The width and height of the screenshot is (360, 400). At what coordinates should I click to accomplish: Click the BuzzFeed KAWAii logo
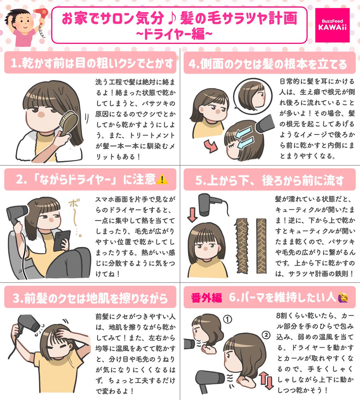332,25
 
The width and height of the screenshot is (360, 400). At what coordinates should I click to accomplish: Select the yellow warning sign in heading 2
162,179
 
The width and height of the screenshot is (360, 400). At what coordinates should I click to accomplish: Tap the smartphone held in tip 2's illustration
62,240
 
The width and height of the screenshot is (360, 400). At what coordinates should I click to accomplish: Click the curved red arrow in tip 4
211,146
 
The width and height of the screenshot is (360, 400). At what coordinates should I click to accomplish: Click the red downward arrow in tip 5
192,215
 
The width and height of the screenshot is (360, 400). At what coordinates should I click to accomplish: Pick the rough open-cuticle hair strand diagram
242,246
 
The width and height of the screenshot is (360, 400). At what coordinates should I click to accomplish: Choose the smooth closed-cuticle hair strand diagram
261,246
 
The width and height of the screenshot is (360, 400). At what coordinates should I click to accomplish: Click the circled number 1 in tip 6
227,320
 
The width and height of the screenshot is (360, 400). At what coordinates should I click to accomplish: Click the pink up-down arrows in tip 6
266,380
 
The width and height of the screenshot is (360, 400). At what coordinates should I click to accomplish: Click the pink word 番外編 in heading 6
206,298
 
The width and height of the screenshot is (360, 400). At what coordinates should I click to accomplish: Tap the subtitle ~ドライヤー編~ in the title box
174,34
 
